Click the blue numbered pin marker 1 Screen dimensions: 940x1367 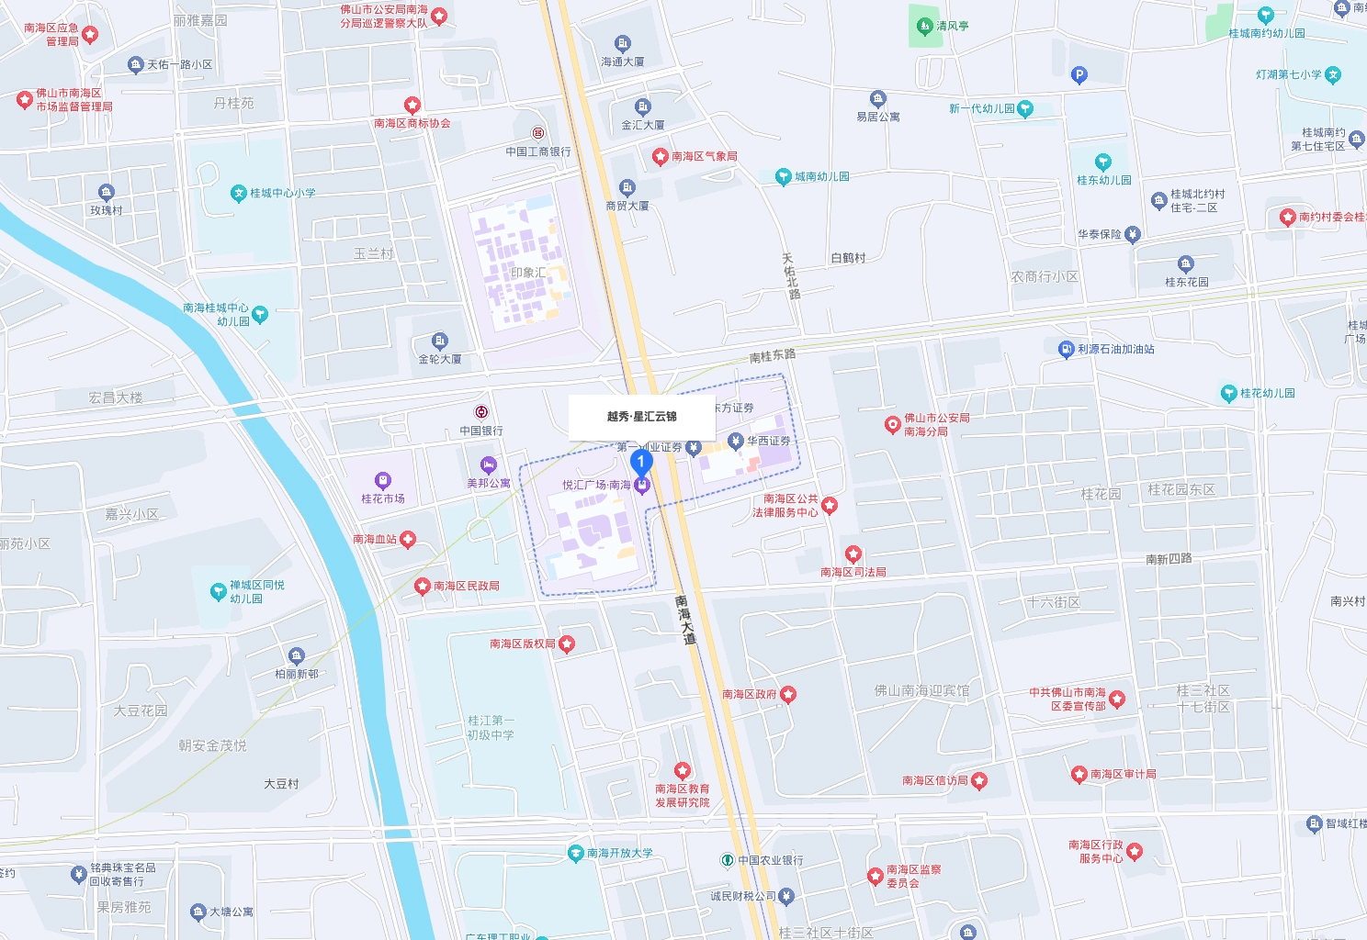[x=641, y=462]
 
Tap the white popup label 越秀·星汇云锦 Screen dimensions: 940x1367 [x=641, y=417]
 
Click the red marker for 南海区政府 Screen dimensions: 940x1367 [x=788, y=694]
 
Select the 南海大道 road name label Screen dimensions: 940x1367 [x=684, y=620]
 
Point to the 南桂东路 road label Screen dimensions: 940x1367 [x=772, y=355]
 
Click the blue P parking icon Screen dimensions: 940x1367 [x=1079, y=75]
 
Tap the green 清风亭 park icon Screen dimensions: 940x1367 [x=924, y=26]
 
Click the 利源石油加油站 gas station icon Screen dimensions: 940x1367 [x=1066, y=349]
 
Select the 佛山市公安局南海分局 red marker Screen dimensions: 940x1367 [x=892, y=424]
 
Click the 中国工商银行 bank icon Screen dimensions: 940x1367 [x=538, y=134]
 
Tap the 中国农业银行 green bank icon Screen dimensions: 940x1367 [x=727, y=860]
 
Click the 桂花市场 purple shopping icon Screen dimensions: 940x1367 [x=383, y=480]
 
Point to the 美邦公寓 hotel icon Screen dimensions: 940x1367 [x=489, y=464]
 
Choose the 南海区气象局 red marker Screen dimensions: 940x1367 [x=660, y=156]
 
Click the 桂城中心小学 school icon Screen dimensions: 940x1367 [x=239, y=193]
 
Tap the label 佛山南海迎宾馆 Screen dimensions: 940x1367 [x=921, y=690]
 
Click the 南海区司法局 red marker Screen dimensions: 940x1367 [x=853, y=554]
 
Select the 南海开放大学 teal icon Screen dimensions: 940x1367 [x=576, y=853]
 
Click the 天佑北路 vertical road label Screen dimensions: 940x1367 [x=790, y=276]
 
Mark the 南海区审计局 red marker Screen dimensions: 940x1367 [x=1079, y=774]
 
